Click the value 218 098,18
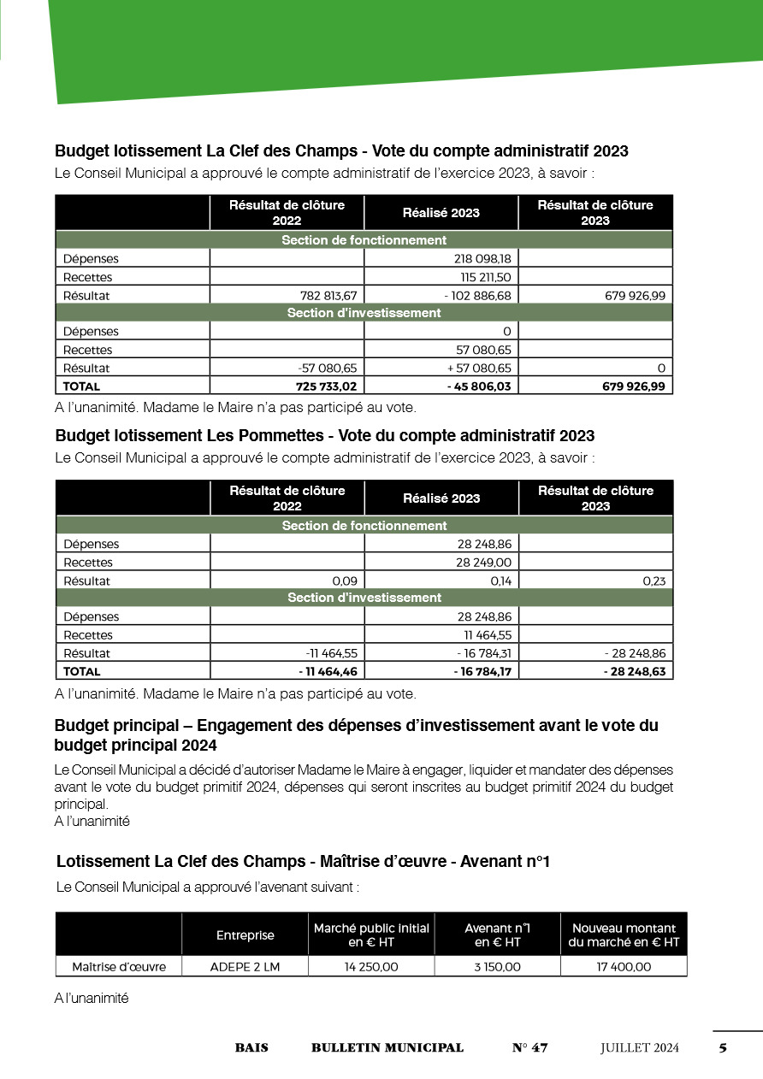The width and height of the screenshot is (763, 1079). coord(482,258)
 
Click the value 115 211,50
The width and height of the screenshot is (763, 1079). coord(486,277)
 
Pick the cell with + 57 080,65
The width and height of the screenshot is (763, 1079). coord(479,368)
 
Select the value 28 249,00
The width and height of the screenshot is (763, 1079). coord(483,563)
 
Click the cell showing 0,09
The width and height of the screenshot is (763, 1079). coord(344,581)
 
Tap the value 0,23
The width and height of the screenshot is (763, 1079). coord(654,581)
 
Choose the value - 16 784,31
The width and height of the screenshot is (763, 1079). coord(480,653)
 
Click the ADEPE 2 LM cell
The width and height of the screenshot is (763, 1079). coord(245,967)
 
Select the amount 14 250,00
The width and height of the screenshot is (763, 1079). coord(371,967)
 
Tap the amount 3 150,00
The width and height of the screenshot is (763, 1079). coord(497,967)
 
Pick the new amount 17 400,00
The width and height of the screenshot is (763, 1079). coord(624,967)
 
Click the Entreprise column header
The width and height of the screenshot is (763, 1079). coord(245,935)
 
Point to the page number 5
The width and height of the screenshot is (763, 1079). coord(723,1048)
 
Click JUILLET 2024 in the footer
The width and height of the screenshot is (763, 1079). coord(639,1048)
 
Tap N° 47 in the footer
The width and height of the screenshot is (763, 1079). coord(529,1048)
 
